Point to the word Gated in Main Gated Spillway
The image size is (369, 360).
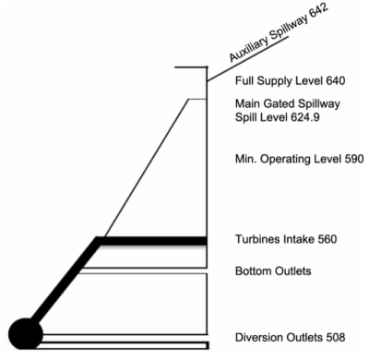(x=274, y=103)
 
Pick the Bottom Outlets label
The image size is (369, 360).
(x=273, y=271)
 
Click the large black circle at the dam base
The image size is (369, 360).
(x=26, y=334)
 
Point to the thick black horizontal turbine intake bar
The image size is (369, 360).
(x=151, y=241)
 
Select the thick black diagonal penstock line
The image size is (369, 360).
(x=65, y=281)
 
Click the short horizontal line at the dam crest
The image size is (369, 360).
(x=191, y=66)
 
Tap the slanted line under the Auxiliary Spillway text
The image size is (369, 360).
(x=248, y=59)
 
